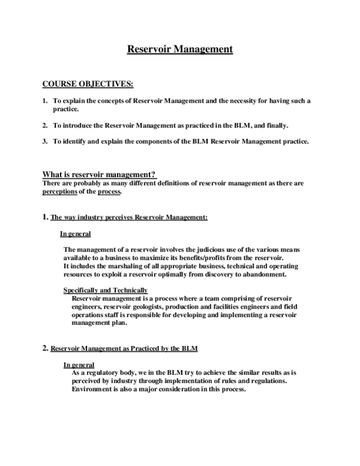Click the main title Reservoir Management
pos(179,49)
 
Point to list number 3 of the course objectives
pos(45,142)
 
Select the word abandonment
pos(263,274)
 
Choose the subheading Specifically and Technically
pos(105,291)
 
